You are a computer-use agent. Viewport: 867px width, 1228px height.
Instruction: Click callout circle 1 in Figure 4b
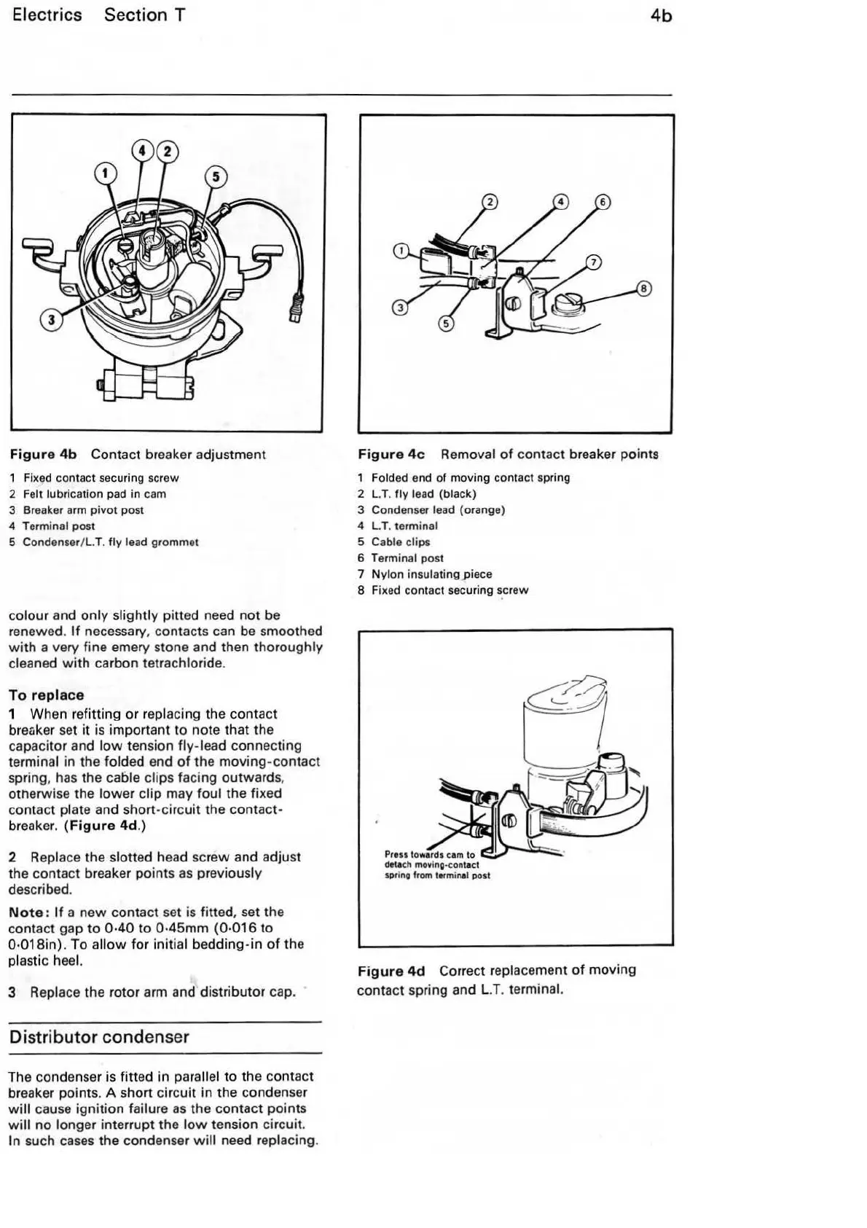(106, 173)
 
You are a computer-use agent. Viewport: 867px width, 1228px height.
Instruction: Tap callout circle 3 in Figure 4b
(50, 320)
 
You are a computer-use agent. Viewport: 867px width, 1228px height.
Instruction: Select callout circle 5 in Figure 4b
(216, 177)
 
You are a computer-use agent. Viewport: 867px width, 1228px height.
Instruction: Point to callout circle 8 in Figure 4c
(643, 289)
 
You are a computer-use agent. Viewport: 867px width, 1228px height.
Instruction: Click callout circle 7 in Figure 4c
(594, 262)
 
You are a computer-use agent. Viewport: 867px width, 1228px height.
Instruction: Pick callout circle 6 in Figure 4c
(603, 202)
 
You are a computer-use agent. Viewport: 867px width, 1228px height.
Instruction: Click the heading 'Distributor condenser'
(99, 1037)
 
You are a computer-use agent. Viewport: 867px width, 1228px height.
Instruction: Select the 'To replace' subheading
(47, 695)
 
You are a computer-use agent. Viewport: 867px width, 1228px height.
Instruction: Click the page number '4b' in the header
(661, 16)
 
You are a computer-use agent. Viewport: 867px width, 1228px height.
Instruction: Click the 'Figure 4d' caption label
(391, 971)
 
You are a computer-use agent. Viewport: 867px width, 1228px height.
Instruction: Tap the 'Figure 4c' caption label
(391, 454)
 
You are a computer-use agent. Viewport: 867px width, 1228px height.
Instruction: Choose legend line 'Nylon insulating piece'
(431, 574)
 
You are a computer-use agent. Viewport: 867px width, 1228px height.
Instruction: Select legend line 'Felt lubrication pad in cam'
(95, 494)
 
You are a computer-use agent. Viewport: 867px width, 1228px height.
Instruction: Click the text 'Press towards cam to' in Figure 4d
(429, 855)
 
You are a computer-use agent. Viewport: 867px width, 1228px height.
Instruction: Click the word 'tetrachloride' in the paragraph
(181, 663)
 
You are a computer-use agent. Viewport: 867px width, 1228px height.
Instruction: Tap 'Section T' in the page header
(144, 15)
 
